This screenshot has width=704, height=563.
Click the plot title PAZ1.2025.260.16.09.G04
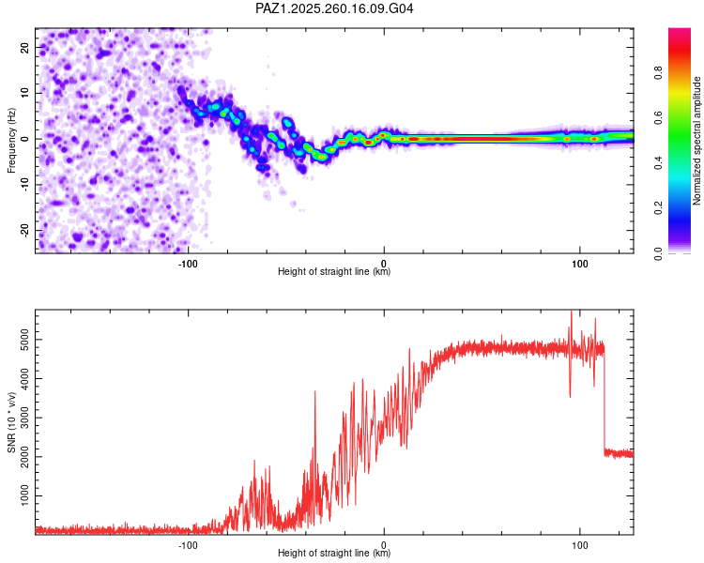point(334,8)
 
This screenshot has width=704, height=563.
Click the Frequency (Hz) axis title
point(11,141)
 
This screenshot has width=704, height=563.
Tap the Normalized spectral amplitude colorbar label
point(696,141)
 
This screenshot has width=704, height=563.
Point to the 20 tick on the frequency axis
point(25,47)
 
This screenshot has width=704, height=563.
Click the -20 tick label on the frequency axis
point(25,230)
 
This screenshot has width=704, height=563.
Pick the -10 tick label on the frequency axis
point(25,185)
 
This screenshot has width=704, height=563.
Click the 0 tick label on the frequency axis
point(25,139)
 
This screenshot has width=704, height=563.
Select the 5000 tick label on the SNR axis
point(25,340)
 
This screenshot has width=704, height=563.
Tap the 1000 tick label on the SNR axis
point(25,495)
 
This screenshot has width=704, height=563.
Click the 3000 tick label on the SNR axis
point(25,418)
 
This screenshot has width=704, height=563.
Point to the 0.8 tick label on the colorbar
point(658,73)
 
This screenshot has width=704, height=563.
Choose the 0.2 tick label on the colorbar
point(658,208)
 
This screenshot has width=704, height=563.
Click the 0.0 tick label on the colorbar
point(658,253)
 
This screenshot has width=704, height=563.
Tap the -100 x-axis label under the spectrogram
point(188,264)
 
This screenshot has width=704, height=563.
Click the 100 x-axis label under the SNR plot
point(580,545)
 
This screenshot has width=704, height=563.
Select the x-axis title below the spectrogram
point(334,271)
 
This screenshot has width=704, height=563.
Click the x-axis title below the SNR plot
point(334,553)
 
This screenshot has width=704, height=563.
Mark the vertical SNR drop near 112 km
point(605,400)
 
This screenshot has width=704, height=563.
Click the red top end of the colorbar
point(680,30)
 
